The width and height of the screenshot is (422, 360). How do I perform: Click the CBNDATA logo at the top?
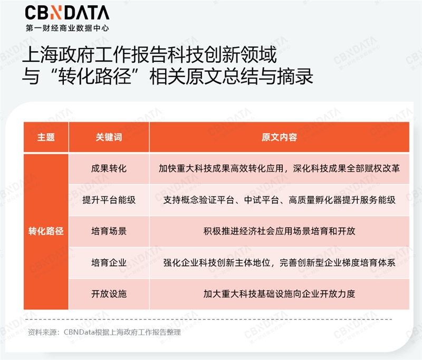click(x=67, y=13)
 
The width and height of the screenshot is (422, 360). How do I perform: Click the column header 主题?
click(x=46, y=137)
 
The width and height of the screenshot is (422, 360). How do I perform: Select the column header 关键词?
click(x=109, y=137)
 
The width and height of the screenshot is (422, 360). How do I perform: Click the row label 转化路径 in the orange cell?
click(x=46, y=231)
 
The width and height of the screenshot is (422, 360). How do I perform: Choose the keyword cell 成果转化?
click(x=109, y=169)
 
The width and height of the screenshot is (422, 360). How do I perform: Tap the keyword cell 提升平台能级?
click(x=109, y=200)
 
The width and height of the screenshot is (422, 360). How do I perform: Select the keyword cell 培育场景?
click(x=109, y=231)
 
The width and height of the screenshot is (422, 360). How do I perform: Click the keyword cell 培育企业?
click(x=109, y=262)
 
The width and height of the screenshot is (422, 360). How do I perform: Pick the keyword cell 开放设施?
click(x=109, y=293)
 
